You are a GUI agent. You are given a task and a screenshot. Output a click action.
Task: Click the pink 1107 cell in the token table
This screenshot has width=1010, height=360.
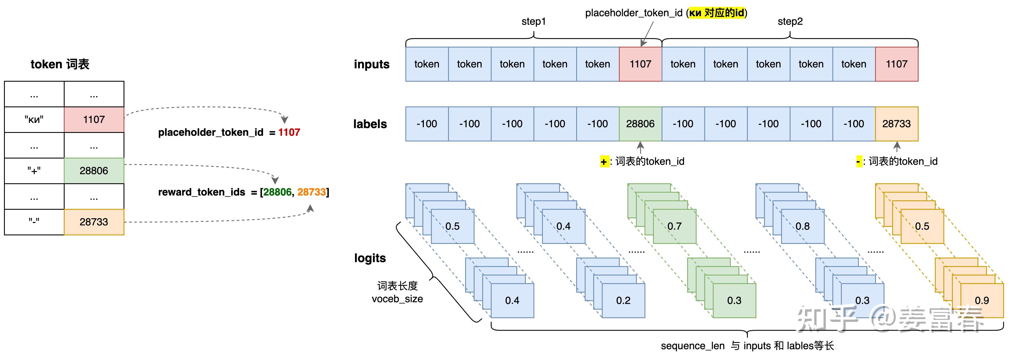(x=94, y=120)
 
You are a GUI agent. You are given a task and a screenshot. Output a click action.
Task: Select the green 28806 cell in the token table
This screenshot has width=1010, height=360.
(x=94, y=170)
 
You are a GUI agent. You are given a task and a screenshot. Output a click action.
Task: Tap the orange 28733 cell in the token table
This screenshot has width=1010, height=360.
(x=94, y=222)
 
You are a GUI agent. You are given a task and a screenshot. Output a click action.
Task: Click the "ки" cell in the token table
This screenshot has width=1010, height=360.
(x=34, y=120)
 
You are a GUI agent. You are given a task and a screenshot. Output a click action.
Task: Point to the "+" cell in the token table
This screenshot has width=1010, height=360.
(x=34, y=170)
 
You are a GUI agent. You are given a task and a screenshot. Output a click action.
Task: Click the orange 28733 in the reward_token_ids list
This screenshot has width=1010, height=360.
(x=311, y=192)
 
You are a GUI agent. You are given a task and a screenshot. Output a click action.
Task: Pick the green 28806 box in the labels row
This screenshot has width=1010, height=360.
(x=640, y=124)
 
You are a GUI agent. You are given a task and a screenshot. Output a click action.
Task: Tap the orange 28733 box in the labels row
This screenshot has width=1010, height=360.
(x=896, y=124)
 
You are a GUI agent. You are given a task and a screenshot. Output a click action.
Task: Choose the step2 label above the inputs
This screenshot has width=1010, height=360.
(x=790, y=22)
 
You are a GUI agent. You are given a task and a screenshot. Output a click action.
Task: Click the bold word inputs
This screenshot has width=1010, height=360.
(x=371, y=64)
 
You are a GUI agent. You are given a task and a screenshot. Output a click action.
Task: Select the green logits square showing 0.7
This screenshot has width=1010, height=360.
(x=674, y=226)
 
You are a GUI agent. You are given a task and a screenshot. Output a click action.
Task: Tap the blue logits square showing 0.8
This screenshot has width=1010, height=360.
(x=802, y=226)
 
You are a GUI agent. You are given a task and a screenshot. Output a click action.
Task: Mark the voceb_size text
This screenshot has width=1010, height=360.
(x=397, y=299)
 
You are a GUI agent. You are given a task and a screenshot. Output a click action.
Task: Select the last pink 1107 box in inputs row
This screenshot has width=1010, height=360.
(x=896, y=64)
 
